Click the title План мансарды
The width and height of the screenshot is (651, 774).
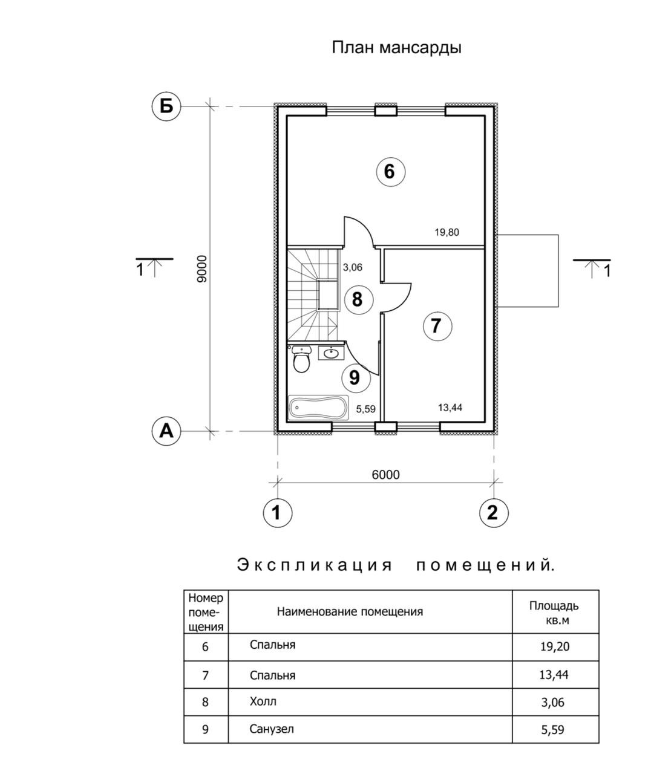(x=396, y=47)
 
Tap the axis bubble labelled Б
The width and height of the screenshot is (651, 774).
(x=166, y=106)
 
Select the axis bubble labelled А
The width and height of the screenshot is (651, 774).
(x=166, y=431)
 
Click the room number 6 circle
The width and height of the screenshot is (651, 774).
(x=390, y=172)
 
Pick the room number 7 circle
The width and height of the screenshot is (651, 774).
(x=436, y=326)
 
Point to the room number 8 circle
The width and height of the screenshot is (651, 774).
(x=357, y=299)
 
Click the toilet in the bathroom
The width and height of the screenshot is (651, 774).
(x=301, y=359)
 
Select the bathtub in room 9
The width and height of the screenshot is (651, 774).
(x=318, y=408)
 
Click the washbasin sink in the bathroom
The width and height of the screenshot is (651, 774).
(x=330, y=353)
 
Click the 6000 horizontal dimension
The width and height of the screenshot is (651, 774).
(x=385, y=475)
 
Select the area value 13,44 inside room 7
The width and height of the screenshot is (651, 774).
(x=450, y=408)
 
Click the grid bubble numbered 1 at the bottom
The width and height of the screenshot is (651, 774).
(x=278, y=513)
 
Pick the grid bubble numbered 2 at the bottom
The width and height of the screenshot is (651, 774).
(x=493, y=513)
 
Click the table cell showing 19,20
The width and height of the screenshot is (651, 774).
(x=554, y=646)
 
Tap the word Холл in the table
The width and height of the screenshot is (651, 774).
(x=263, y=702)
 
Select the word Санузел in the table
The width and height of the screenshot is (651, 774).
(x=272, y=729)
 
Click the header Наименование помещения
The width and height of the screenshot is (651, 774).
(x=350, y=611)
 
